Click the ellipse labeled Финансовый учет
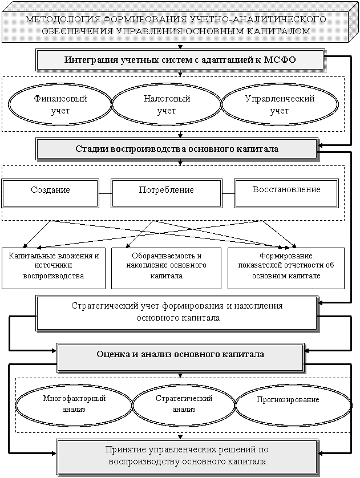click(x=60, y=104)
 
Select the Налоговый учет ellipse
click(x=167, y=104)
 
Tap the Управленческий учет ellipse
click(x=280, y=104)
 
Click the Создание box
click(x=50, y=193)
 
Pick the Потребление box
click(x=167, y=193)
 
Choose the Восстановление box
click(x=286, y=193)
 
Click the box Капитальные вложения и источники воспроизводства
click(x=54, y=268)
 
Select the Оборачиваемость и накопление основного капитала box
click(x=166, y=268)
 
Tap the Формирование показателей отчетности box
click(x=286, y=268)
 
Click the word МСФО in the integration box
click(x=280, y=59)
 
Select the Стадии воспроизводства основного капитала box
click(x=177, y=149)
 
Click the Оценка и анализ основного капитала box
click(x=180, y=355)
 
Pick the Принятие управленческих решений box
click(x=187, y=456)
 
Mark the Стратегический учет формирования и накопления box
click(x=177, y=312)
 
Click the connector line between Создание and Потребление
click(x=105, y=193)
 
